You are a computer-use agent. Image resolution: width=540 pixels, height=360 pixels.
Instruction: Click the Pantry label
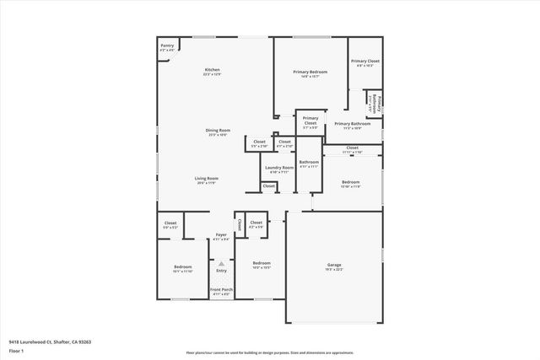[167, 47]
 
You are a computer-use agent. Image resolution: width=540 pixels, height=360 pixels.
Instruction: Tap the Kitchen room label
[212, 70]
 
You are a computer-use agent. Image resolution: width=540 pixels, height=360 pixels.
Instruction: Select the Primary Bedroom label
[309, 73]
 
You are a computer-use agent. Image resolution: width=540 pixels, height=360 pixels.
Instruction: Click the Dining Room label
[218, 131]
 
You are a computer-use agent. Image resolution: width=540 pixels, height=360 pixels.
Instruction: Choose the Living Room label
[207, 179]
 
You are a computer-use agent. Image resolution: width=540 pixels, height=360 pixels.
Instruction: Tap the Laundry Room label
[278, 168]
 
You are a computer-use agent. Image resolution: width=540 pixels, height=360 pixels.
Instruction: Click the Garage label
[334, 265]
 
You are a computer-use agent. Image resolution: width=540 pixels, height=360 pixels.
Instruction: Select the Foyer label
[221, 234]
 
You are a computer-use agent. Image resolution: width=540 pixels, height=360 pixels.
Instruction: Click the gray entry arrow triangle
[221, 263]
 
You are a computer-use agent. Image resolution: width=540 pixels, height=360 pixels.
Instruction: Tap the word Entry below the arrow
[221, 271]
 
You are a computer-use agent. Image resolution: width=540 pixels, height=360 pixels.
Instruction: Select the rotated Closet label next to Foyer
[239, 224]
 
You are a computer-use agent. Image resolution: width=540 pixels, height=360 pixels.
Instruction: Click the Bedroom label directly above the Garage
[351, 182]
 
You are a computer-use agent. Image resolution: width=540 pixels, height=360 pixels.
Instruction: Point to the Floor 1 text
[17, 350]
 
